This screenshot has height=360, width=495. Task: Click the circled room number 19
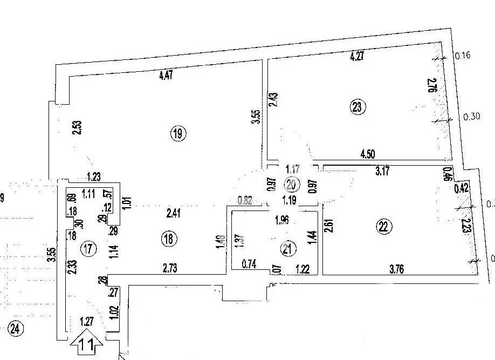point(178,133)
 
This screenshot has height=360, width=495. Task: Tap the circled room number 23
point(357,107)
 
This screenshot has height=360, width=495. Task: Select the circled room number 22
point(383,227)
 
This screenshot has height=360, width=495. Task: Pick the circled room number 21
point(288,248)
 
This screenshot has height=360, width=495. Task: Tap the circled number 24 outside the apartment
point(16,327)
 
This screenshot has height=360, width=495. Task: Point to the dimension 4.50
point(367,153)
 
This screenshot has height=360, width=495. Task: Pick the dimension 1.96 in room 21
point(282,220)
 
